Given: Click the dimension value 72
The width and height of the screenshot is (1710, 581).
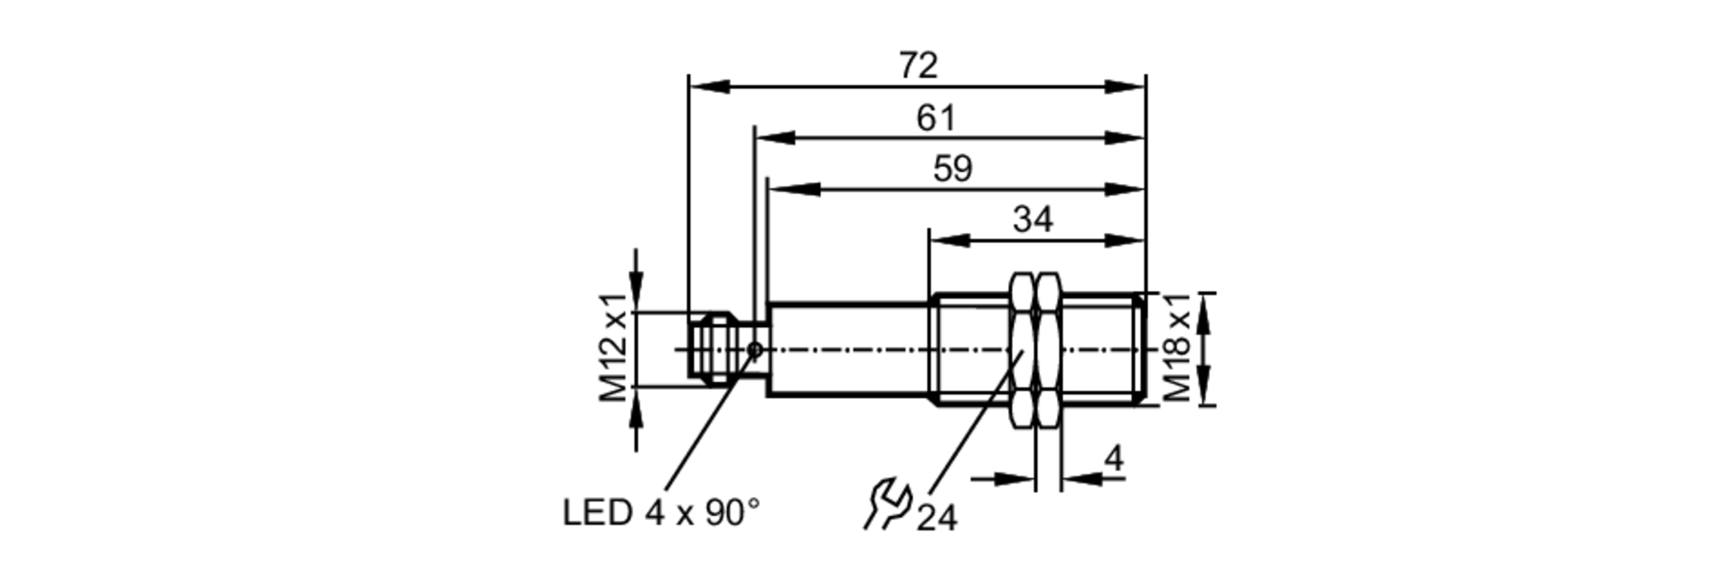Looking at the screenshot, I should click(918, 66).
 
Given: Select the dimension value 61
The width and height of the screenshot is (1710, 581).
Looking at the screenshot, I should click(935, 118).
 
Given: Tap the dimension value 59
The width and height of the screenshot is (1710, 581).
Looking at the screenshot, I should click(952, 169).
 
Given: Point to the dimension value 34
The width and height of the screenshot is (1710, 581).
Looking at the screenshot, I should click(1033, 220).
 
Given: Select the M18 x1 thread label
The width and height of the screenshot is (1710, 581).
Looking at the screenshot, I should click(1177, 347).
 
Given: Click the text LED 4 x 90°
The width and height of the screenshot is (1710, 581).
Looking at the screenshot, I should click(661, 513).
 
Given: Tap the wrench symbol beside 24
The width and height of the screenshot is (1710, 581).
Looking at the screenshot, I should click(886, 505).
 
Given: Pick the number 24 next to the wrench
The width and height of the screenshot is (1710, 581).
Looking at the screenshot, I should click(936, 517).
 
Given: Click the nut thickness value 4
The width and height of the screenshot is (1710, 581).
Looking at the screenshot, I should click(1113, 460).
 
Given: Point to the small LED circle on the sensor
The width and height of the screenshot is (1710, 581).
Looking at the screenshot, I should click(754, 349).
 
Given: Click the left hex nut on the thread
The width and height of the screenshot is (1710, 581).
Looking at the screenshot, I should click(1023, 349).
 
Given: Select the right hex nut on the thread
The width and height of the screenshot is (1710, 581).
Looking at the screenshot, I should click(1048, 349).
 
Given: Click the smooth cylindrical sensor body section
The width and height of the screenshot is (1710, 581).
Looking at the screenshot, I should click(846, 349).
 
